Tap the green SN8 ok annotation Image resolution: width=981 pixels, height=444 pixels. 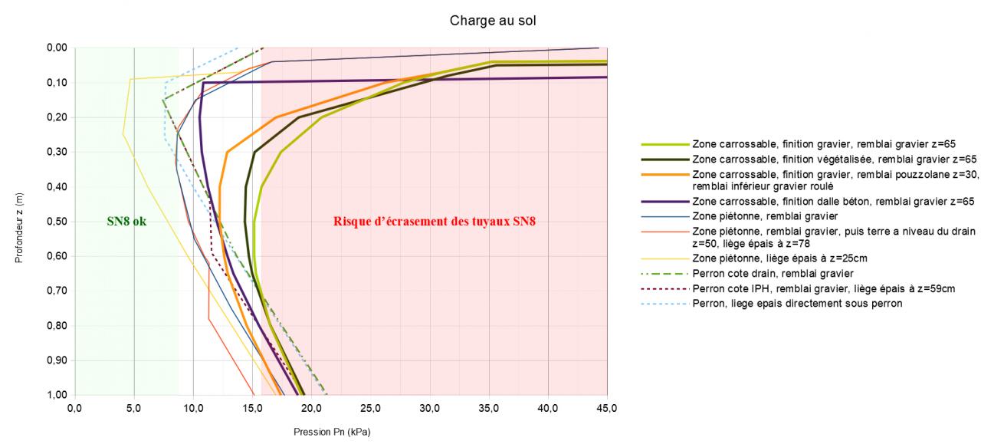[x=126, y=222]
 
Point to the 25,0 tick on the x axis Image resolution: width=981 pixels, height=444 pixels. [x=371, y=407]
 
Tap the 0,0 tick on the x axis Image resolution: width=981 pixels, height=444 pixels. [x=74, y=407]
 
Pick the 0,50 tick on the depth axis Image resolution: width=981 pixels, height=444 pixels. [x=57, y=222]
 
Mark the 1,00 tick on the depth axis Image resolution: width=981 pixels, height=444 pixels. [x=57, y=395]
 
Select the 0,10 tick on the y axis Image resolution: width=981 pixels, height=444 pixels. [x=57, y=82]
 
